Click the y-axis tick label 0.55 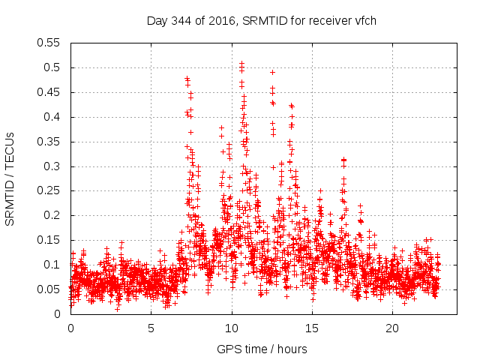pyautogui.click(x=51, y=43)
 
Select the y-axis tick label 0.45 pyautogui.click(x=51, y=92)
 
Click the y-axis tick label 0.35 pyautogui.click(x=51, y=142)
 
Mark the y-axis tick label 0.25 pyautogui.click(x=51, y=190)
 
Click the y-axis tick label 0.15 pyautogui.click(x=51, y=240)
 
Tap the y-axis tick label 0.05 pyautogui.click(x=51, y=289)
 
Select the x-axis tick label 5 pyautogui.click(x=151, y=328)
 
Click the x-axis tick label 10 pyautogui.click(x=232, y=328)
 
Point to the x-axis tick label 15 pyautogui.click(x=312, y=328)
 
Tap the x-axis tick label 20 pyautogui.click(x=392, y=328)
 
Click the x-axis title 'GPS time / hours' pyautogui.click(x=262, y=349)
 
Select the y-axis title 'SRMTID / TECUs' pyautogui.click(x=10, y=178)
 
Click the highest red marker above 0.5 pyautogui.click(x=241, y=63)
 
